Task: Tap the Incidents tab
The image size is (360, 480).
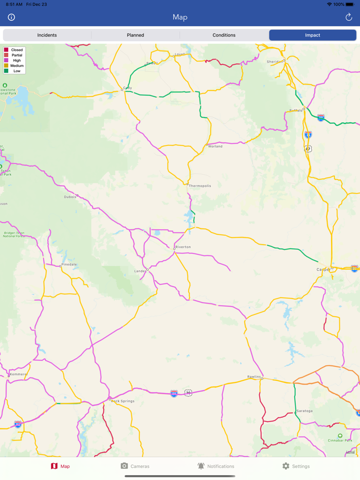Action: tap(47, 35)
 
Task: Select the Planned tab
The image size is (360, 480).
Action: tap(135, 35)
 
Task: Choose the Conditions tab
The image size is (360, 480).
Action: tap(224, 35)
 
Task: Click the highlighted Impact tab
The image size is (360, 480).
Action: tap(312, 35)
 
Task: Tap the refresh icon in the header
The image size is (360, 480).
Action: tap(349, 17)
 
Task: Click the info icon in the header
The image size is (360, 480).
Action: tap(11, 17)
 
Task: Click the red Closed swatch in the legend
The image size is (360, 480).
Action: tap(6, 50)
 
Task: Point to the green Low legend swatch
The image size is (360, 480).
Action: tap(6, 71)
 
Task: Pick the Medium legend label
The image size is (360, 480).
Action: tap(17, 66)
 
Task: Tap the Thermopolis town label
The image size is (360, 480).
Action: tap(200, 186)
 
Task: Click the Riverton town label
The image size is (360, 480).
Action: tap(183, 247)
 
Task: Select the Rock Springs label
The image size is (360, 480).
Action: tap(123, 401)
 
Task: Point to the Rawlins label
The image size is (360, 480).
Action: tap(254, 376)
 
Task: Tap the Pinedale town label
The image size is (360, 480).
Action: tap(69, 264)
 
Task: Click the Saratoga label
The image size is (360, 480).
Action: tap(305, 411)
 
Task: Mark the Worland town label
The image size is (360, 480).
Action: tap(215, 146)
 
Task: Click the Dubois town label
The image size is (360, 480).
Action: tap(70, 197)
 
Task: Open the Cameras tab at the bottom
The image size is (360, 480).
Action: tap(135, 466)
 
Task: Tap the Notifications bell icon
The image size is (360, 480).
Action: tap(201, 466)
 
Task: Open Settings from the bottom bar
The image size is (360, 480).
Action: tap(296, 466)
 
